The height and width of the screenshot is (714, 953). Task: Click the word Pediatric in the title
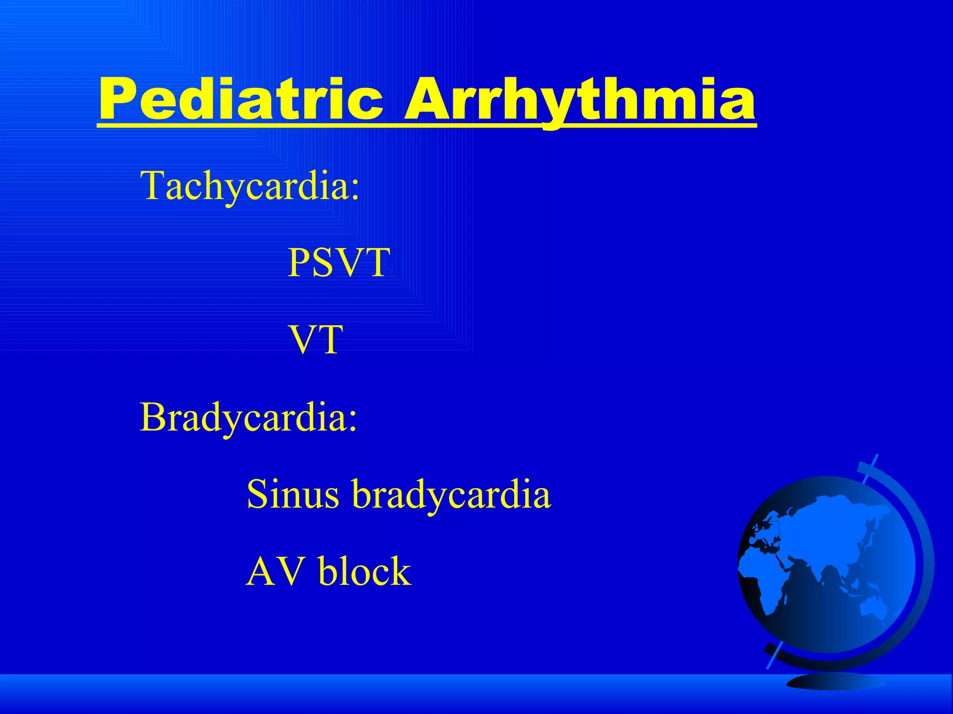(x=241, y=99)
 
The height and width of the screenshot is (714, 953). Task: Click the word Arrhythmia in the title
(x=579, y=99)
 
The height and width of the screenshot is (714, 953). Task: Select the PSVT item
(x=338, y=263)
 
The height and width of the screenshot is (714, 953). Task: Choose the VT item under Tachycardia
(x=316, y=340)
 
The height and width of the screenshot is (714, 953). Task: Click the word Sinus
(x=292, y=494)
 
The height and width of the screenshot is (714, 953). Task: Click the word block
(x=365, y=572)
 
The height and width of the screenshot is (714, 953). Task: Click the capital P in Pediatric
(x=120, y=99)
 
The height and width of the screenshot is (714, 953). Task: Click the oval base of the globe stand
(x=835, y=682)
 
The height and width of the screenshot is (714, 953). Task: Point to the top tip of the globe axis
(x=877, y=456)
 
